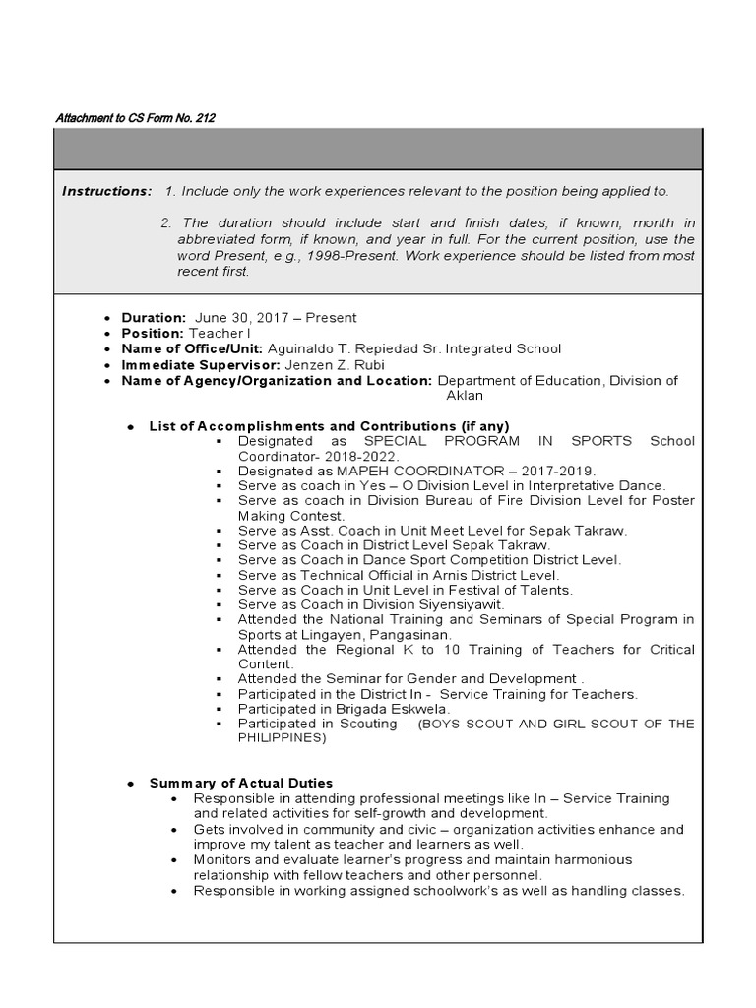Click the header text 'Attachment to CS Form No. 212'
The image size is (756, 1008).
coord(135,118)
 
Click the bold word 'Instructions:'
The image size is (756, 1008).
coord(107,191)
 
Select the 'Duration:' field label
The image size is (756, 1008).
coord(154,318)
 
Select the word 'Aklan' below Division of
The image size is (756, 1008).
coord(465,395)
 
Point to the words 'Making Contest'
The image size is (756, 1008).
coord(290,515)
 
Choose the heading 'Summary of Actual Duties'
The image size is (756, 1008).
coord(240,783)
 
